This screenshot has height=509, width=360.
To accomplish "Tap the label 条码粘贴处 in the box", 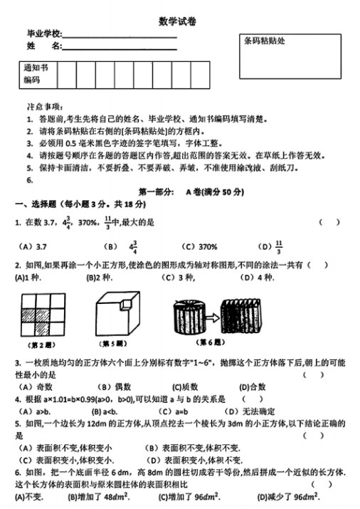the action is pos(264,41).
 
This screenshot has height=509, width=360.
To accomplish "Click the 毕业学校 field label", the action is pos(44,33).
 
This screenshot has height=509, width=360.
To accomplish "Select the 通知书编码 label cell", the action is pos(36,74).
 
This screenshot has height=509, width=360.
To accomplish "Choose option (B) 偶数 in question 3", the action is pos(107,387).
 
